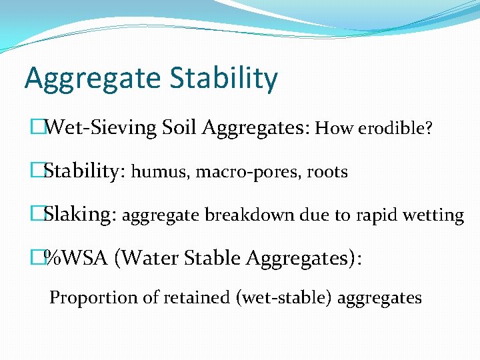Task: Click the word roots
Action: point(327,173)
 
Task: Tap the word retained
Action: point(190,297)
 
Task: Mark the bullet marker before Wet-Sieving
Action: point(37,127)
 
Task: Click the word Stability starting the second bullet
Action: point(81,171)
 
